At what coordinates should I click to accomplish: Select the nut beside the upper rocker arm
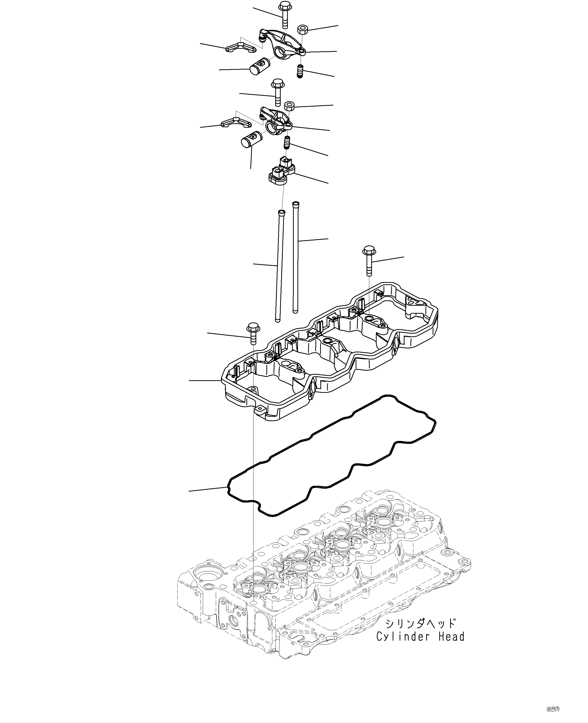pyautogui.click(x=302, y=29)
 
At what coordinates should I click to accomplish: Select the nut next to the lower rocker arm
pyautogui.click(x=290, y=106)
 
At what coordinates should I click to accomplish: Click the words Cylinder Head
pyautogui.click(x=420, y=637)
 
